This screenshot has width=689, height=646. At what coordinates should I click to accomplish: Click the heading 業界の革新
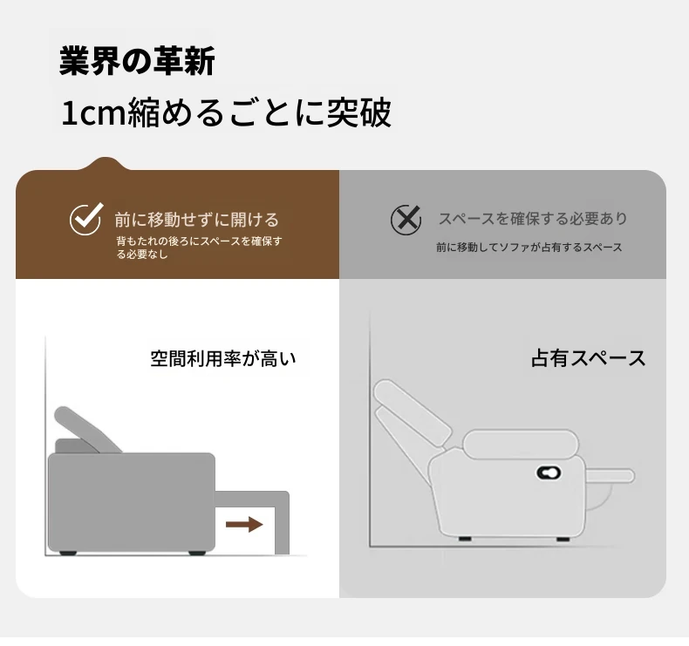click(x=137, y=61)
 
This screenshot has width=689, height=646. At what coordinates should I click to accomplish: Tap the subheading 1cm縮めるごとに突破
click(x=226, y=112)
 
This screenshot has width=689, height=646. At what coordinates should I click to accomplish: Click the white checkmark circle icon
click(x=86, y=219)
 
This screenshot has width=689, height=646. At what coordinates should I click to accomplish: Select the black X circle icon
click(x=406, y=220)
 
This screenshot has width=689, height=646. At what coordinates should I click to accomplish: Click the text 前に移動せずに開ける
click(x=196, y=220)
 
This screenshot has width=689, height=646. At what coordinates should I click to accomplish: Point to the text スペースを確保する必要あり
click(x=533, y=218)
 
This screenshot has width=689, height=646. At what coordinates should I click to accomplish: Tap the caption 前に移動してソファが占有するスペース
click(x=529, y=248)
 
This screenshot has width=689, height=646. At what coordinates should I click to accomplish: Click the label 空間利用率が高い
click(x=222, y=359)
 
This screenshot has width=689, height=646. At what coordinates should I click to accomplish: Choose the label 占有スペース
click(x=588, y=358)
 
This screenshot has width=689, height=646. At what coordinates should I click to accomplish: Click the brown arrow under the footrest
click(x=244, y=524)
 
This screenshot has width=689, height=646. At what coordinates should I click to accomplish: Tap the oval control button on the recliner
click(x=549, y=473)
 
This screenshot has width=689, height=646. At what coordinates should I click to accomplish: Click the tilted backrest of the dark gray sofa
click(x=86, y=429)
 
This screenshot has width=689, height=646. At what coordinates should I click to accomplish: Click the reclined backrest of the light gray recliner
click(x=413, y=411)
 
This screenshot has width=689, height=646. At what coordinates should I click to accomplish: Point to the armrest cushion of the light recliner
click(x=522, y=445)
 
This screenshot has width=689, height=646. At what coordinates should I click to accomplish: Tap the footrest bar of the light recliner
click(x=611, y=476)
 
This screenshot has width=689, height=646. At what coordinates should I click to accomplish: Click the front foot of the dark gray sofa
click(x=197, y=553)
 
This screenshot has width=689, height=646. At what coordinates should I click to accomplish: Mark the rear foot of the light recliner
click(x=465, y=539)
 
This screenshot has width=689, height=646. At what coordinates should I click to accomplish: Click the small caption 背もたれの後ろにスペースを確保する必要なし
click(x=199, y=248)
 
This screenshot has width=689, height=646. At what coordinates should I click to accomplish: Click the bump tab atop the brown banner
click(x=106, y=163)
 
